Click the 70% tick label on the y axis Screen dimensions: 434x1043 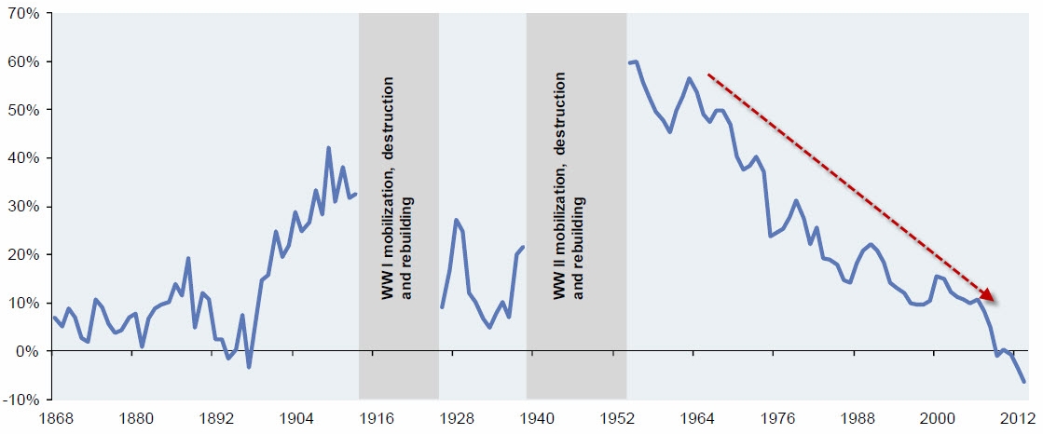[x=21, y=14]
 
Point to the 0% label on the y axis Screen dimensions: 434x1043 [x=24, y=351]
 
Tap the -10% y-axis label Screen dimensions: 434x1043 [x=21, y=400]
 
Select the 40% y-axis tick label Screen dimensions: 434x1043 [x=21, y=158]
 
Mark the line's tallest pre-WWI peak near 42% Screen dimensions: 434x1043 [x=328, y=147]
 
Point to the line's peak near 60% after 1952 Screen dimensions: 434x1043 [x=636, y=61]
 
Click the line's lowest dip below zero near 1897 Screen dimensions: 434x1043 [x=249, y=367]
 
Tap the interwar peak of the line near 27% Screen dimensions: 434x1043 [x=456, y=220]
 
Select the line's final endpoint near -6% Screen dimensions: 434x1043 [x=1023, y=382]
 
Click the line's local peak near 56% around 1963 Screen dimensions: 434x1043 [x=689, y=78]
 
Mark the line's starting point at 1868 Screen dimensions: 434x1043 [x=55, y=318]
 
